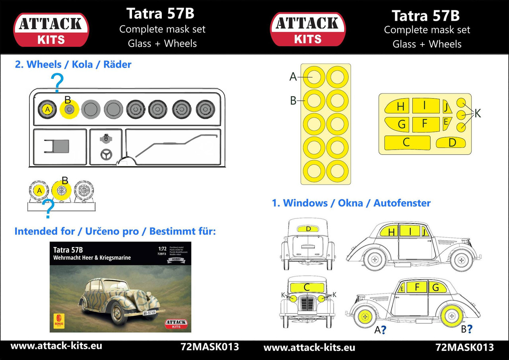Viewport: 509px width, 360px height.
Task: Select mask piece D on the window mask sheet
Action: click(x=451, y=142)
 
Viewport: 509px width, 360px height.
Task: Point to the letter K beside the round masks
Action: click(x=478, y=114)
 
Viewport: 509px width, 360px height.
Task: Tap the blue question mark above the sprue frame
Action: click(x=58, y=82)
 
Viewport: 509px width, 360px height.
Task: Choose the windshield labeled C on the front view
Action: click(x=307, y=287)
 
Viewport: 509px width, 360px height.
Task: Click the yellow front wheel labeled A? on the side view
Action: click(x=365, y=317)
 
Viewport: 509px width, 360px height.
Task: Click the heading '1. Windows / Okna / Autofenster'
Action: click(x=351, y=203)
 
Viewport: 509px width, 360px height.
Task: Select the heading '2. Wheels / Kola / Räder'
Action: click(x=73, y=64)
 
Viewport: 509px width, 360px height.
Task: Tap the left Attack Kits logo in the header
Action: click(x=51, y=29)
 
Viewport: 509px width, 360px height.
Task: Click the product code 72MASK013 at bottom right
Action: click(x=464, y=347)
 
